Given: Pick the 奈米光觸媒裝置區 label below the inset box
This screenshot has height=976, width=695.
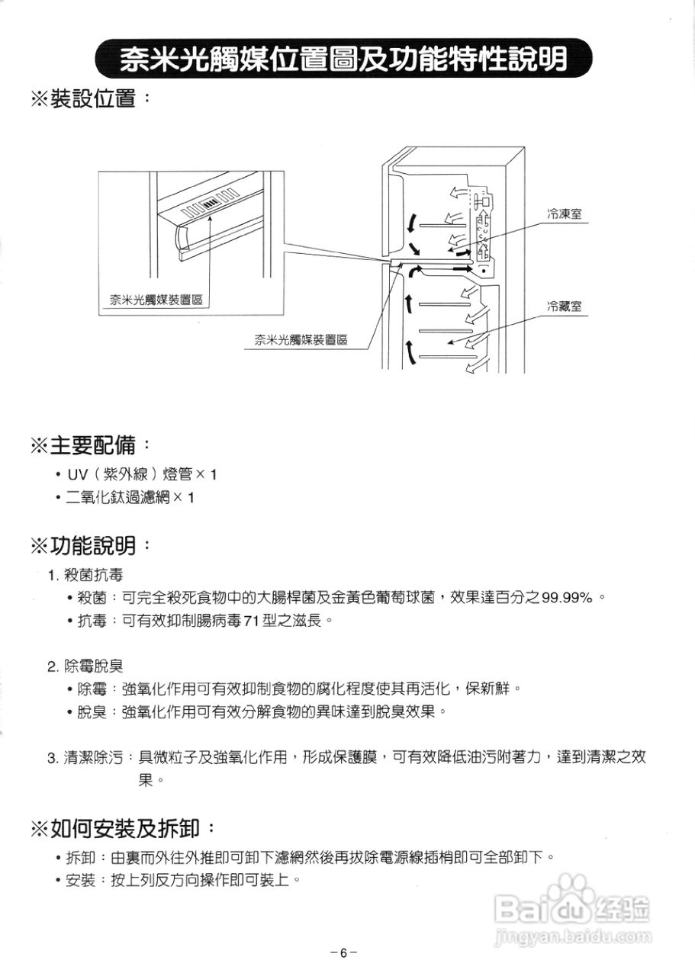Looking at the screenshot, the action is [301, 340].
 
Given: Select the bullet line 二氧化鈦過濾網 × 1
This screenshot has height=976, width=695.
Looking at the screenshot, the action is [130, 498].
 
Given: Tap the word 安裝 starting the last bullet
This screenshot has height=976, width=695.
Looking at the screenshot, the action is [81, 881].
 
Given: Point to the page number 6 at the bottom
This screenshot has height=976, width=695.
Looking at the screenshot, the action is [344, 953].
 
